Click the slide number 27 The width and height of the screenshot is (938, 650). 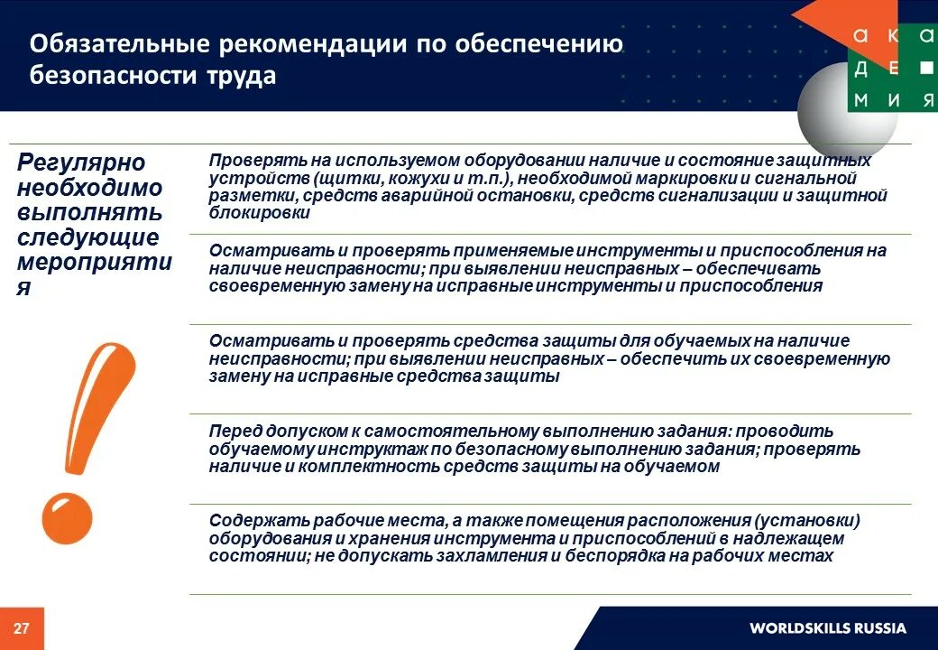[x=22, y=628]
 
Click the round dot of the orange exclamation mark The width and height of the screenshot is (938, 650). [x=67, y=517]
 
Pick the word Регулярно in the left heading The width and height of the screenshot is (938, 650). [x=82, y=162]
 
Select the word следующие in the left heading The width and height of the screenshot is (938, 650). [x=88, y=237]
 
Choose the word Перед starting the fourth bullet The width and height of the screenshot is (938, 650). [x=236, y=432]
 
